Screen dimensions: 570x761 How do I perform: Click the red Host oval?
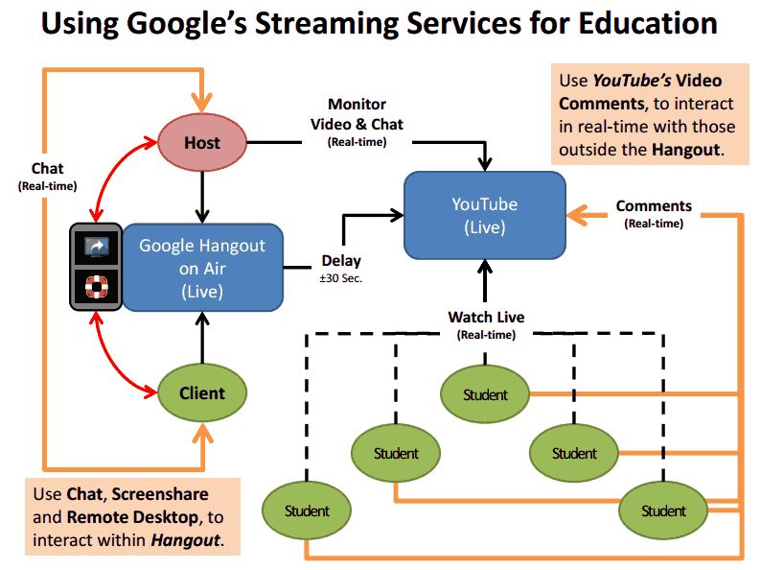tap(202, 143)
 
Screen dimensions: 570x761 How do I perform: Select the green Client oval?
tap(202, 392)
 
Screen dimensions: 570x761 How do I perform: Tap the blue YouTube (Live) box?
tap(484, 216)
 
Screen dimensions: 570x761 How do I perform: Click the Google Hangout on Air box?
tap(202, 268)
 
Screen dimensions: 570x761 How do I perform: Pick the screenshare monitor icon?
tap(97, 247)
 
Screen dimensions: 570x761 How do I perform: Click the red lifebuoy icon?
tap(97, 288)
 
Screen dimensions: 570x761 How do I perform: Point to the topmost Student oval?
tap(485, 394)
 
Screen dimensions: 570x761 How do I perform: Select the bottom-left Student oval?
tap(307, 511)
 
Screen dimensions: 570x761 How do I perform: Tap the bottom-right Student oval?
tap(663, 511)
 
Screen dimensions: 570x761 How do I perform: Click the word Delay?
tap(341, 260)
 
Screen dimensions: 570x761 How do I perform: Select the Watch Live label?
tap(486, 317)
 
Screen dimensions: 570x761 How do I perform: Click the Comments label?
tap(654, 205)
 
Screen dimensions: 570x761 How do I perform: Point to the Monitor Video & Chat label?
tap(357, 114)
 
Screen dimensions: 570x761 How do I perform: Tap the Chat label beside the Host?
tap(47, 169)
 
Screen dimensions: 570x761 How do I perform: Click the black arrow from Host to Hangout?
tap(202, 197)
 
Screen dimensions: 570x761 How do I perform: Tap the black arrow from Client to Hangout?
tap(202, 338)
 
